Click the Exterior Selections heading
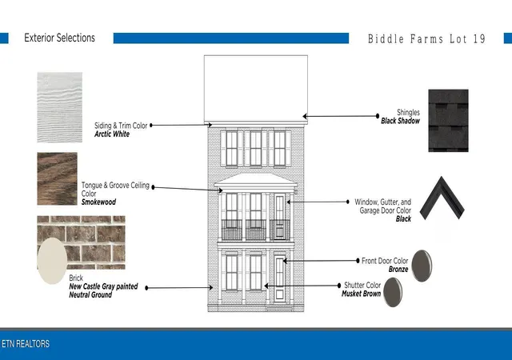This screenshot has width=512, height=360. coord(59,38)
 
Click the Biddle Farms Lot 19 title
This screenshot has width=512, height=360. coord(426,39)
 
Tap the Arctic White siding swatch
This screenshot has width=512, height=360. coord(60,107)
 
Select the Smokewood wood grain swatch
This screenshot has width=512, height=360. coord(57,178)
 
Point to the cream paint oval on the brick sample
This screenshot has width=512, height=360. coord(52,261)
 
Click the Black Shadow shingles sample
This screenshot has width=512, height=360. coord(448,121)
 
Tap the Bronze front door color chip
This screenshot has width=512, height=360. coord(422,266)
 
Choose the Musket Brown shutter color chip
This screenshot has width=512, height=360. coord(393,292)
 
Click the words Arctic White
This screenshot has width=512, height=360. coord(112,134)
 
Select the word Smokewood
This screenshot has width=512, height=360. coord(98,202)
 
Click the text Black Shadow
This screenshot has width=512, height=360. coord(400,121)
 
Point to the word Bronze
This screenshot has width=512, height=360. coord(398,269)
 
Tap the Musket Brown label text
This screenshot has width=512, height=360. coord(361,294)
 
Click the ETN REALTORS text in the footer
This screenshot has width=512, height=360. coord(26,344)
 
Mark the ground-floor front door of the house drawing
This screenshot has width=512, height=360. coord(279,278)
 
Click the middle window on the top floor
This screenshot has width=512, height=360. coord(256,148)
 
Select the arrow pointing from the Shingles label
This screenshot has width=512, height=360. coord(341,116)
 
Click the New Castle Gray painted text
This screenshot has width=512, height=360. coord(103,286)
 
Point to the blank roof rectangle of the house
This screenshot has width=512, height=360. coord(256,88)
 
